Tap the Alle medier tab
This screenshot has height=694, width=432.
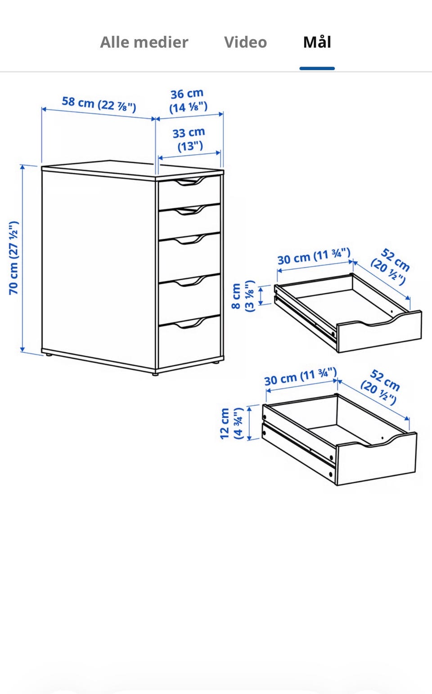(x=144, y=42)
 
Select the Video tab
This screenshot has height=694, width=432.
(x=245, y=42)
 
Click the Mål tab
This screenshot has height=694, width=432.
(x=317, y=42)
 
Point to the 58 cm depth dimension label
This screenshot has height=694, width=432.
(x=99, y=104)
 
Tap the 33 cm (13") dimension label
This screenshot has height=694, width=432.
(x=189, y=139)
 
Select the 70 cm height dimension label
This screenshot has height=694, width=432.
(x=13, y=258)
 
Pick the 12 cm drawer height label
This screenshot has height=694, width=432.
(x=231, y=424)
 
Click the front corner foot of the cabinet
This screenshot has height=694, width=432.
(x=155, y=374)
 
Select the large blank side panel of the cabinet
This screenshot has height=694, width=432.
(x=99, y=269)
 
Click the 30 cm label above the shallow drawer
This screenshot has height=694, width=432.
(x=314, y=256)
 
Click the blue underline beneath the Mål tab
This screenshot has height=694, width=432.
(x=317, y=68)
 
